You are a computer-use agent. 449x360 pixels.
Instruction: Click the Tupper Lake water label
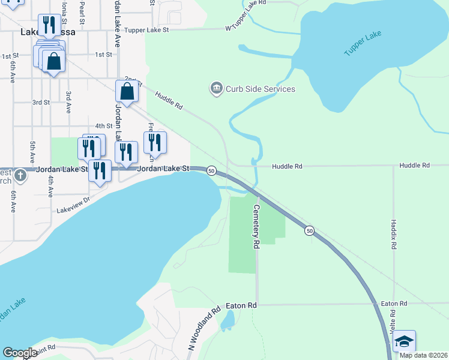pyautogui.click(x=363, y=44)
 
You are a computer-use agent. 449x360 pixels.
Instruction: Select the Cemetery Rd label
pyautogui.click(x=256, y=227)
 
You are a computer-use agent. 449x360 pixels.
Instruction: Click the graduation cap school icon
pyautogui.click(x=404, y=341)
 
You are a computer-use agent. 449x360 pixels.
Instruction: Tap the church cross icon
pyautogui.click(x=20, y=175)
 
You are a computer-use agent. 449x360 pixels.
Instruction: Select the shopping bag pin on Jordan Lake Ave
pyautogui.click(x=127, y=92)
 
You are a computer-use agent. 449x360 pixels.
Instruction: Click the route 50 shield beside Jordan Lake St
pyautogui.click(x=211, y=171)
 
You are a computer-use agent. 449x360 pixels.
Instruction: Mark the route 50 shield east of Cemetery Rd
pyautogui.click(x=309, y=230)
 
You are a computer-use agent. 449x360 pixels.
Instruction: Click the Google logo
pyautogui.click(x=20, y=353)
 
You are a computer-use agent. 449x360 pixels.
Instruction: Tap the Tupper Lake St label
pyautogui.click(x=146, y=29)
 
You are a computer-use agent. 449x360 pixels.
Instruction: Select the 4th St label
pyautogui.click(x=104, y=126)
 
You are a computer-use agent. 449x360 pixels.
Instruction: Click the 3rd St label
pyautogui.click(x=41, y=103)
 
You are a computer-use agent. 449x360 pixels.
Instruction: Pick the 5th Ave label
pyautogui.click(x=32, y=152)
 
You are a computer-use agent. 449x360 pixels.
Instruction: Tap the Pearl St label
pyautogui.click(x=81, y=8)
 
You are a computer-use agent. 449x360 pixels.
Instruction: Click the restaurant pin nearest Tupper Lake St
pyautogui.click(x=49, y=25)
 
